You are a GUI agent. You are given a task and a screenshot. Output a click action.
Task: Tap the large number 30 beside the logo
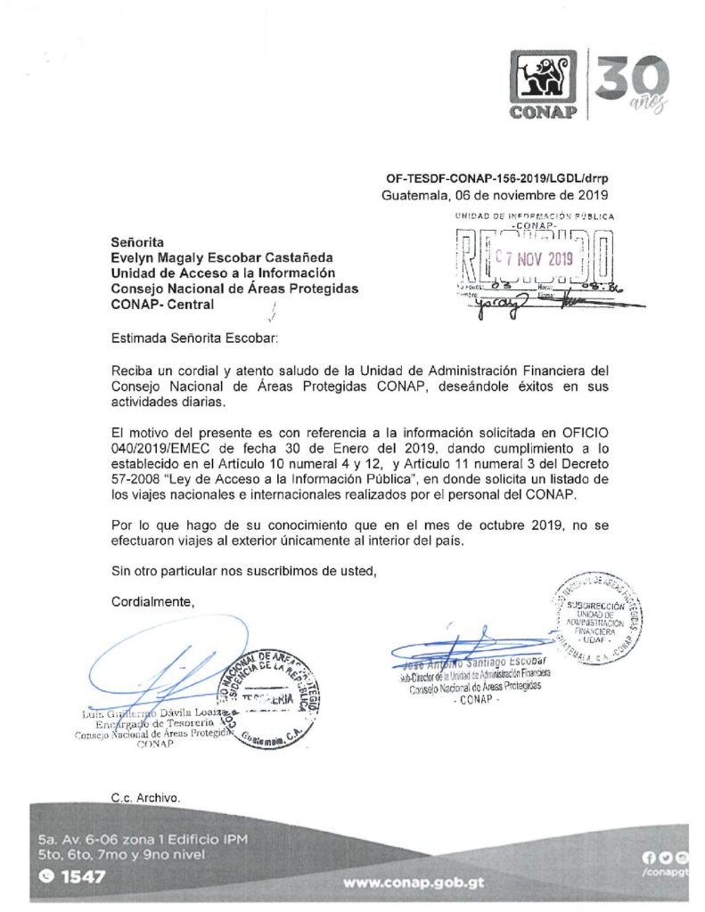pos(631,79)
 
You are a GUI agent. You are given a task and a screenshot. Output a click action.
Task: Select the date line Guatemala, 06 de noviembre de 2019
pos(495,194)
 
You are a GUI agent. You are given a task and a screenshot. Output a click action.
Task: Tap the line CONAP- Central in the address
pos(162,305)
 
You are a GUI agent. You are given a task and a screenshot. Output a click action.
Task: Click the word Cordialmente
pos(152,602)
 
